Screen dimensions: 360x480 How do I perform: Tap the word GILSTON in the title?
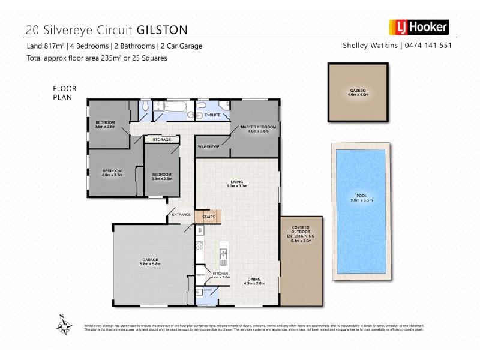click(162, 29)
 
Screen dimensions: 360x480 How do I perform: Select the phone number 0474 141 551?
click(428, 46)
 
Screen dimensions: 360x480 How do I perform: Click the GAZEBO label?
click(357, 91)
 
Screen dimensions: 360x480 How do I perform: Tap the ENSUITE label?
click(212, 114)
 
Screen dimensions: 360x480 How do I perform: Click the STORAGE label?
click(162, 140)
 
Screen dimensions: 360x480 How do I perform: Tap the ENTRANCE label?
click(181, 215)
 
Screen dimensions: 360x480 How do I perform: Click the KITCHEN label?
click(220, 275)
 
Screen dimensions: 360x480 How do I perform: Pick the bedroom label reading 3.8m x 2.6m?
click(162, 176)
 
